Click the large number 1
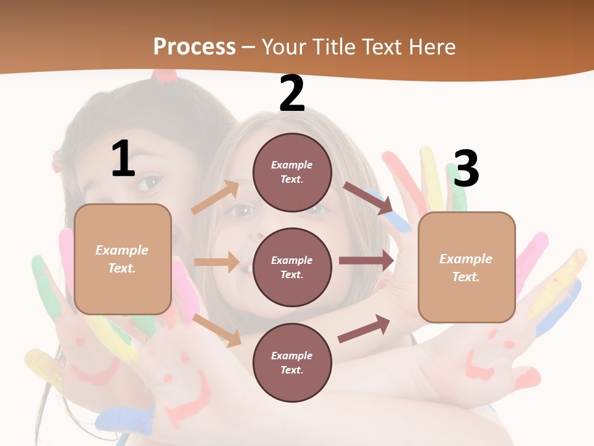123,159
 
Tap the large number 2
292,94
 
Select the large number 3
466,169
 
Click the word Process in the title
194,46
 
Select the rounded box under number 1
123,259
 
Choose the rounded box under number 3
467,267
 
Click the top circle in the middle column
292,172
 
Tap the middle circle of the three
292,267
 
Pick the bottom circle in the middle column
292,362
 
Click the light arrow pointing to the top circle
216,197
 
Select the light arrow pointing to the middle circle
217,262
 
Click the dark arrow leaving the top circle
369,198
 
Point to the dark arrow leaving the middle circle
366,260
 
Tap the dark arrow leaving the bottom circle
364,329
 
